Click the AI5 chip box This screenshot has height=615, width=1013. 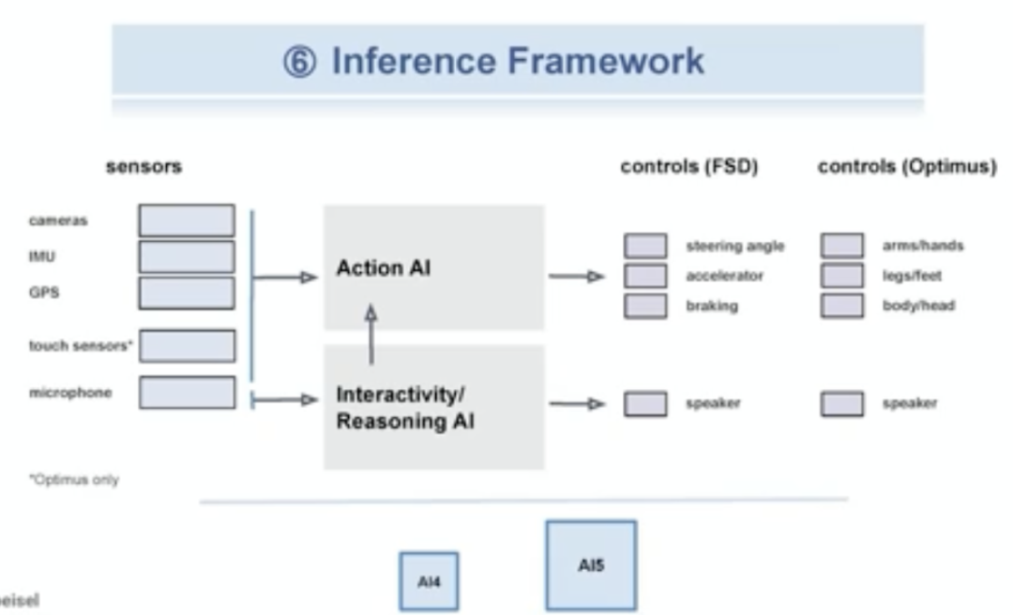591,564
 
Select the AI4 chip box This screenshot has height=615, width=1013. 429,581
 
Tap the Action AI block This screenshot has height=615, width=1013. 433,268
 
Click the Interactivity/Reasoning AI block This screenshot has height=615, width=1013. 433,407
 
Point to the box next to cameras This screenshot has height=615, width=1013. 187,220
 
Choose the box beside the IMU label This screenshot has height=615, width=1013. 187,256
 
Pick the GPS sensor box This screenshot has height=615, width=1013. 187,292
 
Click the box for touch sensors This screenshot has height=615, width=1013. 187,346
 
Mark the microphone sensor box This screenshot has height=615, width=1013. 187,393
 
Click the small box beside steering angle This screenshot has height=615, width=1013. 645,246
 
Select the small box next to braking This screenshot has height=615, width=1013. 645,307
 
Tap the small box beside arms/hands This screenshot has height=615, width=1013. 841,246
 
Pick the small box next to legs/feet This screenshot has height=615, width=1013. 841,276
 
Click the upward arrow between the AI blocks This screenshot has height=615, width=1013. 371,333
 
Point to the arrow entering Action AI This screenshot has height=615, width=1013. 285,277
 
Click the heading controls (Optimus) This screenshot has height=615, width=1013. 906,167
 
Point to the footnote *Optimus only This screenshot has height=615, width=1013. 74,479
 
